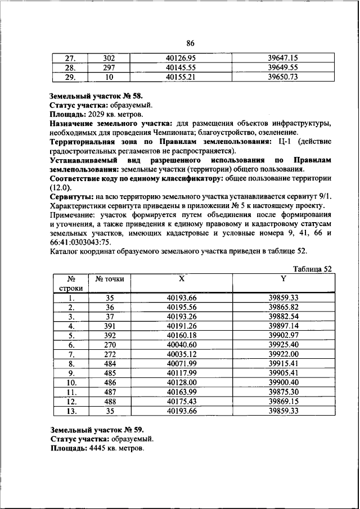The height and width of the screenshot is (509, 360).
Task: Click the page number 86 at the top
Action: tap(190, 43)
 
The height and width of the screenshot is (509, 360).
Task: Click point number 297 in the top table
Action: tap(109, 67)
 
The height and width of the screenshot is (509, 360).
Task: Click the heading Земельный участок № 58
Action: tap(92, 96)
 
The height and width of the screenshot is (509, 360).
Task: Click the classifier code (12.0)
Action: tap(61, 186)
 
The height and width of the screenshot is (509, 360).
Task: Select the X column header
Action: tap(181, 278)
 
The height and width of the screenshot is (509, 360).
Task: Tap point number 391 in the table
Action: tap(110, 326)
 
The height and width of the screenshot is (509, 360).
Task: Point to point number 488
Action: tap(110, 402)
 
